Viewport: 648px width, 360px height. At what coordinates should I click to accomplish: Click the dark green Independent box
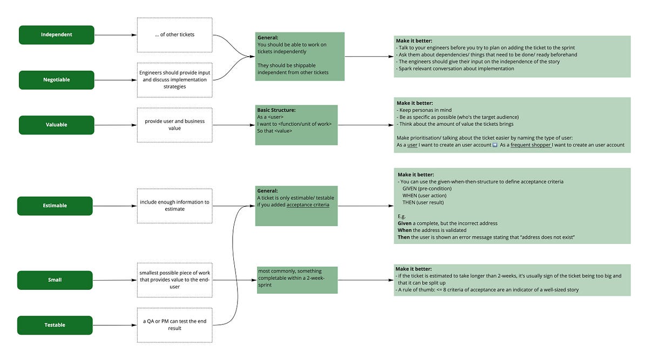(x=57, y=35)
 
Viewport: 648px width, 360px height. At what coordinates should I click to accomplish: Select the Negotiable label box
(x=57, y=80)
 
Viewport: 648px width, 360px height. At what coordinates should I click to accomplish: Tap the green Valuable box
(x=57, y=125)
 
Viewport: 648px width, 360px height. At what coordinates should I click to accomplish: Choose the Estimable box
(x=55, y=206)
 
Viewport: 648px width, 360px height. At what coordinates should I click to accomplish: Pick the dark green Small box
(x=55, y=280)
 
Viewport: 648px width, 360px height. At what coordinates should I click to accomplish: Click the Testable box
(x=55, y=325)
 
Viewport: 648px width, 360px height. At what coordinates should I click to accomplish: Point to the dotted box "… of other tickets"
(x=174, y=35)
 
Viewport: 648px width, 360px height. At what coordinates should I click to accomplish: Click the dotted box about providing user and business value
(x=174, y=125)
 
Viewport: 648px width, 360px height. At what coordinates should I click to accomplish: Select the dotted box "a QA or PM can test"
(x=174, y=325)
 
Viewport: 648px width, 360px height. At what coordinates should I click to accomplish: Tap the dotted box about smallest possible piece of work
(x=174, y=280)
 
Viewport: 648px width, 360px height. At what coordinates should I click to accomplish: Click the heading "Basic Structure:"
(x=276, y=110)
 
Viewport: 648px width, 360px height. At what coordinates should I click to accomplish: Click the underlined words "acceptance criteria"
(x=307, y=205)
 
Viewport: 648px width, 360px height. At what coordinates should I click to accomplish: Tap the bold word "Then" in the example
(x=403, y=236)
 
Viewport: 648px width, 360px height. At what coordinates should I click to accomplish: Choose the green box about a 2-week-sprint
(x=297, y=280)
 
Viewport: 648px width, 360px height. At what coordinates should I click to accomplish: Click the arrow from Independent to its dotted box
(x=116, y=35)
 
